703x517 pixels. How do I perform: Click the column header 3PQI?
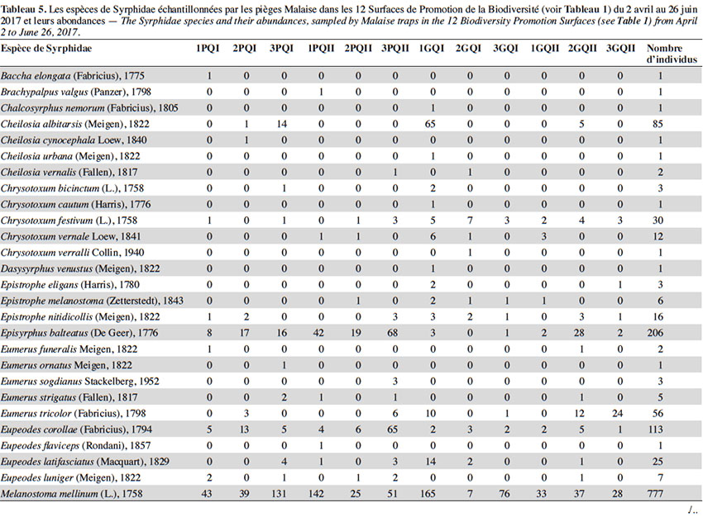pos(281,49)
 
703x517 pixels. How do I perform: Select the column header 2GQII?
pos(582,49)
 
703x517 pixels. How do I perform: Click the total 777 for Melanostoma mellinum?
pos(655,494)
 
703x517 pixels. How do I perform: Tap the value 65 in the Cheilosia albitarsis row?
pos(430,124)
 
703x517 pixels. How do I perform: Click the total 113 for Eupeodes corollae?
pos(655,429)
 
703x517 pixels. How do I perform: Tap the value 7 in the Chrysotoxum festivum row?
pos(470,221)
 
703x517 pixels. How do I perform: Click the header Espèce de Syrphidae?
pos(46,49)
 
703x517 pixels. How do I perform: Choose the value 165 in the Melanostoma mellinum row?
pos(428,494)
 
